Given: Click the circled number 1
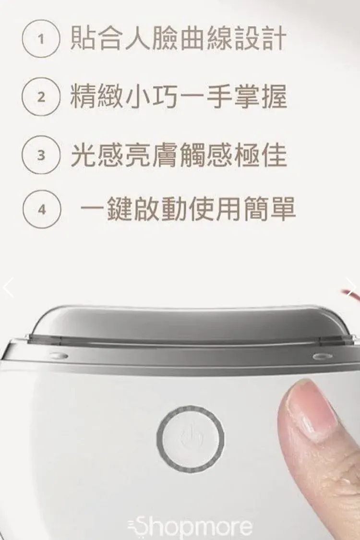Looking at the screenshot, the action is coord(41,38).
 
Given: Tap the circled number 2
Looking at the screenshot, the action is coord(41,97).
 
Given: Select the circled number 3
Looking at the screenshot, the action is coord(41,155).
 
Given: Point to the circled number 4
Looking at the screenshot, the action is coord(42,209).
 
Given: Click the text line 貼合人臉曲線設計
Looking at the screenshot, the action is coord(178,39).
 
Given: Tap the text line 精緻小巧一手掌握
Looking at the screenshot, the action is coord(178,97).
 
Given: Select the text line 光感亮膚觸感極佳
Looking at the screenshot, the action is coord(179,155).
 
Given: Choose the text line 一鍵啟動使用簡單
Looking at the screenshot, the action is coord(188,209).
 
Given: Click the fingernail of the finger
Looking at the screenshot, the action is coord(312,408).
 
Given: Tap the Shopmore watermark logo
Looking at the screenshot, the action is coord(190,526).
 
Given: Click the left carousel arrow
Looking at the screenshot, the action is coord(8,287).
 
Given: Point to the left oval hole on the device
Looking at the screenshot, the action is coord(58,355).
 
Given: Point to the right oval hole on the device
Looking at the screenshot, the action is coord(323,356).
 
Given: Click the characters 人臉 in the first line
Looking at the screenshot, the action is coord(151,39).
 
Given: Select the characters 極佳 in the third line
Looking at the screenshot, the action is coord(260,155).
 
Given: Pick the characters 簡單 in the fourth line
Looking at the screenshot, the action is coord(269,209).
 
